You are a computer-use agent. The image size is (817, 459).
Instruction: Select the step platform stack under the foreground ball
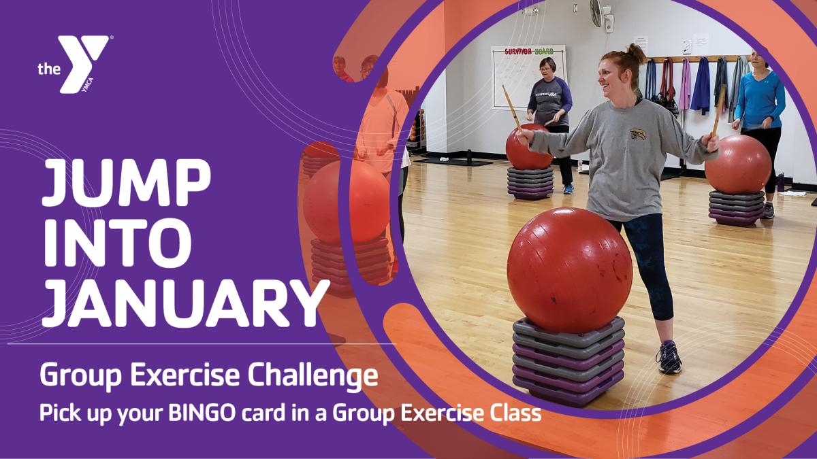[x=568, y=360]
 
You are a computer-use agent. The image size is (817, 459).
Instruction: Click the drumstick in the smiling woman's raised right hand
[x=511, y=109]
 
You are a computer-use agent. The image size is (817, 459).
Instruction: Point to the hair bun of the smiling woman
[x=636, y=50]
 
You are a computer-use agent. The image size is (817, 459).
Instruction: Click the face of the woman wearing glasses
[x=547, y=69]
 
